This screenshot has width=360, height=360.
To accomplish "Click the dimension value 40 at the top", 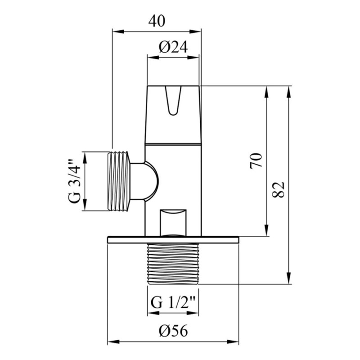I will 156,21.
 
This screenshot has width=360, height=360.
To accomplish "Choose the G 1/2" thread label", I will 173,302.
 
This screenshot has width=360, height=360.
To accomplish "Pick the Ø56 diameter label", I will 173,331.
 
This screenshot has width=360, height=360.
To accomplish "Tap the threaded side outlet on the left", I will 119,181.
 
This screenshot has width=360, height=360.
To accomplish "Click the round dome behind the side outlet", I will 149,181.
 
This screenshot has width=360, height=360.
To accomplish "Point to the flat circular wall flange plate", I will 173,240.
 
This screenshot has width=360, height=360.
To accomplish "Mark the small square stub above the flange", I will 173,220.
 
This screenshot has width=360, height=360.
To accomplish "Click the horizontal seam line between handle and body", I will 173,144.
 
